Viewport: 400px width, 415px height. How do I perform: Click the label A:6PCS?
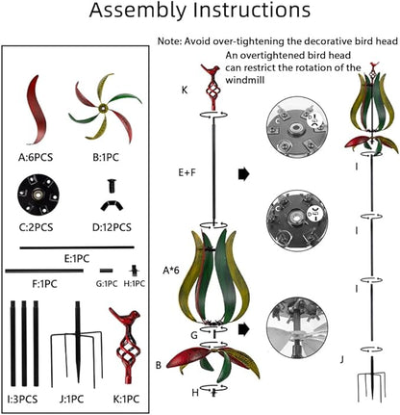pyautogui.click(x=36, y=157)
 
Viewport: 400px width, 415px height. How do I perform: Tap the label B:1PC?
pyautogui.click(x=106, y=157)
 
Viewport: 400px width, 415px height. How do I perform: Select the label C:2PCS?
pyautogui.click(x=36, y=227)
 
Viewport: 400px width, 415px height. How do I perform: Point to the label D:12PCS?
pyautogui.click(x=112, y=227)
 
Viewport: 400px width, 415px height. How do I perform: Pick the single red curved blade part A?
pyautogui.click(x=37, y=110)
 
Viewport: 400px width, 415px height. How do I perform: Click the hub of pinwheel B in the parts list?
pyautogui.click(x=103, y=109)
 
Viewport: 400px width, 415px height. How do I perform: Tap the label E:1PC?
pyautogui.click(x=77, y=258)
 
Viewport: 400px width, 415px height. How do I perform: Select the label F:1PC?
pyautogui.click(x=44, y=284)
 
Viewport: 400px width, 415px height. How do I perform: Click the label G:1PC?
pyautogui.click(x=107, y=283)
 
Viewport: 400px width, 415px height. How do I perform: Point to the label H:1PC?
pyautogui.click(x=135, y=283)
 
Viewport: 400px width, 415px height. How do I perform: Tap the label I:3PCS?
pyautogui.click(x=22, y=400)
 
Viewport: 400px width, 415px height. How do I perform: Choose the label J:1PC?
pyautogui.click(x=71, y=400)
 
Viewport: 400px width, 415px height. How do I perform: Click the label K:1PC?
pyautogui.click(x=126, y=400)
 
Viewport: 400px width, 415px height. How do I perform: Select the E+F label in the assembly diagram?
pyautogui.click(x=187, y=172)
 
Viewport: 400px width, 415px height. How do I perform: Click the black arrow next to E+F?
pyautogui.click(x=244, y=174)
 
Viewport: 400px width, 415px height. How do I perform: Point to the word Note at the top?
pyautogui.click(x=168, y=41)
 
